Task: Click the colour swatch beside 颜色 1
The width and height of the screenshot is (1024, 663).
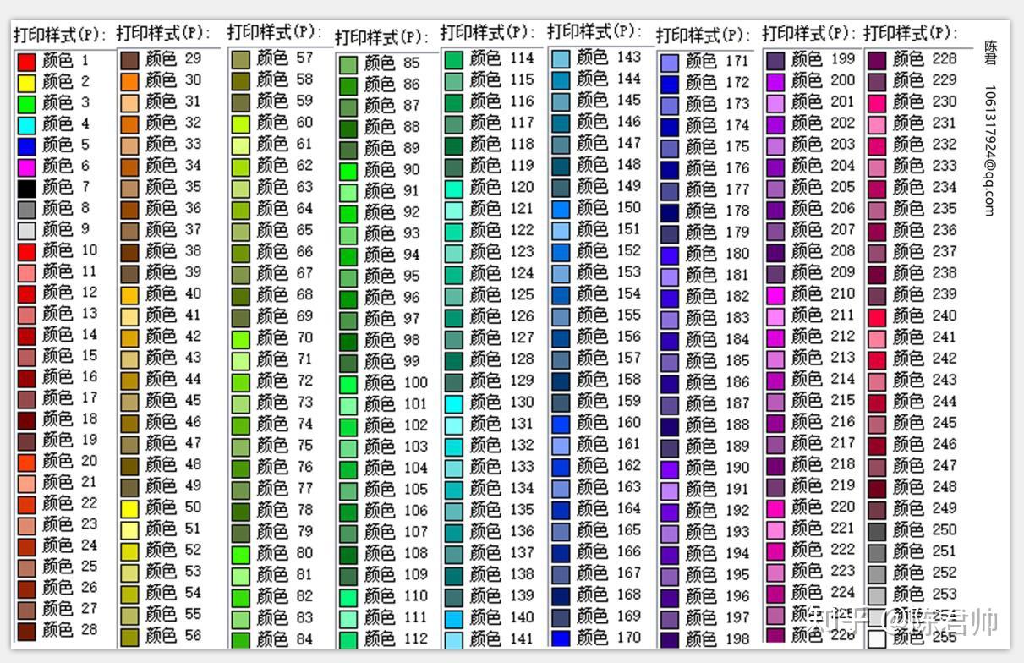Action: (x=27, y=62)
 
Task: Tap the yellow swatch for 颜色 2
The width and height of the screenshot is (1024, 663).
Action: (x=27, y=83)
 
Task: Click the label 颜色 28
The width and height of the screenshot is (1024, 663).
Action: (x=70, y=630)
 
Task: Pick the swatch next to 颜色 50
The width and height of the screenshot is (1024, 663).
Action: (x=129, y=508)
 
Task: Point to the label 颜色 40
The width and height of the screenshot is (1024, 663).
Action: (x=173, y=293)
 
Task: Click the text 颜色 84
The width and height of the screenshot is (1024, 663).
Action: (x=285, y=638)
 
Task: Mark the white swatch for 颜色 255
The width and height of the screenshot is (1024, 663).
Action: (x=877, y=638)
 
